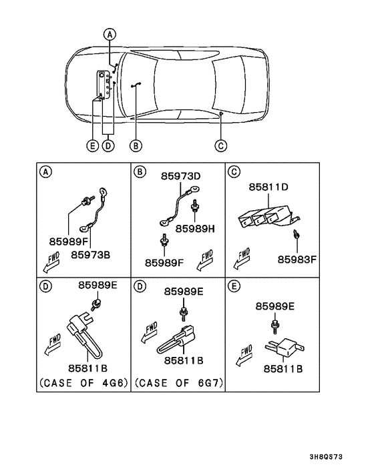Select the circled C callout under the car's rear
pyautogui.click(x=221, y=145)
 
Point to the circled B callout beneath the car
pyautogui.click(x=136, y=145)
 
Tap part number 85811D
pyautogui.click(x=268, y=189)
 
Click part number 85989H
pyautogui.click(x=194, y=228)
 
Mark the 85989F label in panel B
pyautogui.click(x=164, y=262)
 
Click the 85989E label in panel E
pyautogui.click(x=274, y=306)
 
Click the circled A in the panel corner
pyautogui.click(x=45, y=171)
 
